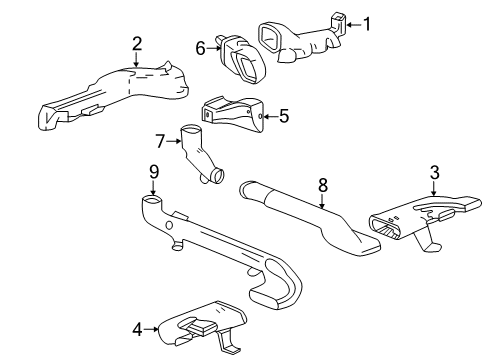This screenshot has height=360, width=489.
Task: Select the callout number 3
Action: (434, 175)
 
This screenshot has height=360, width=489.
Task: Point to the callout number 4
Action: (138, 327)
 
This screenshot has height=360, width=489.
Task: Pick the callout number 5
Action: (283, 116)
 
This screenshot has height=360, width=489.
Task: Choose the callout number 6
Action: (200, 47)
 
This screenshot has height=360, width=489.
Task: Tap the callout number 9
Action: (154, 172)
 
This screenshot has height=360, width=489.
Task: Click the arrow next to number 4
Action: (152, 327)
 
